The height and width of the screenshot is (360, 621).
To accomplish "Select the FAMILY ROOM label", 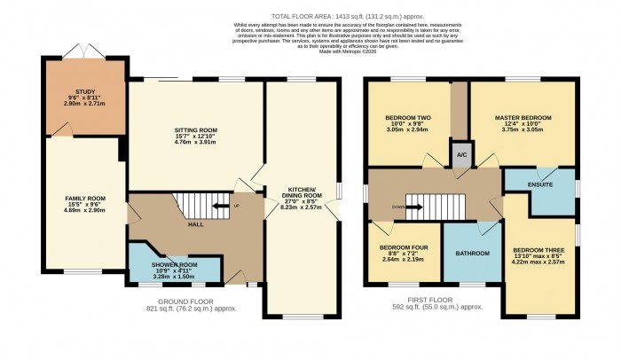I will coord(85,197).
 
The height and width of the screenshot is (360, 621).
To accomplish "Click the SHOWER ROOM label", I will coord(174,265).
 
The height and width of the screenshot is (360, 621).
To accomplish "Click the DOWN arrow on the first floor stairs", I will coord(413,207).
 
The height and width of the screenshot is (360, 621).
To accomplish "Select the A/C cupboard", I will coord(461,154).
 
